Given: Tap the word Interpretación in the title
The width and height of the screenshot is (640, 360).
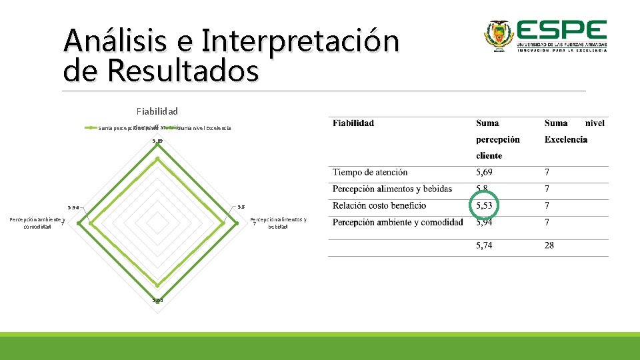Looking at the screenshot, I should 299,41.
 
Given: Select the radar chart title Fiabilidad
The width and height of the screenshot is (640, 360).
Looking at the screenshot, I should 157,111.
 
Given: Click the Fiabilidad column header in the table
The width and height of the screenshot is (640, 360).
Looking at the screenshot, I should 353,123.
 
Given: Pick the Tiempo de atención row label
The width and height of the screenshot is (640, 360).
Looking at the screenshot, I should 370,173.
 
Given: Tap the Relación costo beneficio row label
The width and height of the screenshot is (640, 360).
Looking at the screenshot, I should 379,206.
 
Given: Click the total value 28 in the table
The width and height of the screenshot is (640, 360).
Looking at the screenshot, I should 549,245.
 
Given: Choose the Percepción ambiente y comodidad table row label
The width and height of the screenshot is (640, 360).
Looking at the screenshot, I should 398,223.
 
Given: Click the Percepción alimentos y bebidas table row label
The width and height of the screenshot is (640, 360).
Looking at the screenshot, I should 392,189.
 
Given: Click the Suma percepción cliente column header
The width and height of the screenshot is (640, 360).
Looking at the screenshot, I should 497,139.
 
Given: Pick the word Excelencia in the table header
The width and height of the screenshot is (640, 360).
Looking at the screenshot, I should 565,139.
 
